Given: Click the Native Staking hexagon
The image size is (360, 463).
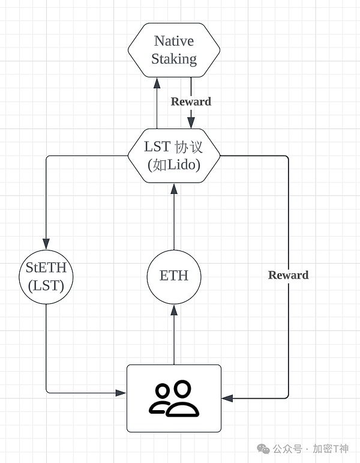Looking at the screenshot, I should click(x=174, y=50).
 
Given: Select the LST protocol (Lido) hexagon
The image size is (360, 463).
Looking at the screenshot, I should click(x=174, y=156).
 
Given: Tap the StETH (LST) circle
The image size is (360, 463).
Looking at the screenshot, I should click(x=46, y=277).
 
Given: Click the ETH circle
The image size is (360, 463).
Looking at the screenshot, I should click(x=174, y=276).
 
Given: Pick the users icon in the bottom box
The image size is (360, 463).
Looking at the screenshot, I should click(x=174, y=398).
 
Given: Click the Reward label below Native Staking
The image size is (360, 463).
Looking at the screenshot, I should click(x=191, y=101).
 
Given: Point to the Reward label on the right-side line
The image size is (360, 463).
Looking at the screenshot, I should click(x=288, y=275).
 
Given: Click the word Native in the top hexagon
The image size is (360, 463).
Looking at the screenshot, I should click(x=174, y=41).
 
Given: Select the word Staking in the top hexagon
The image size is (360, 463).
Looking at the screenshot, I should click(x=174, y=59).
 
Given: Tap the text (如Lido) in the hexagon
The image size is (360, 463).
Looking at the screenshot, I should click(x=174, y=165).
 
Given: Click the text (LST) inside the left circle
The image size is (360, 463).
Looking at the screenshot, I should click(x=46, y=286).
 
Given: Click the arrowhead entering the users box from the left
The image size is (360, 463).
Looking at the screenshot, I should click(x=122, y=393).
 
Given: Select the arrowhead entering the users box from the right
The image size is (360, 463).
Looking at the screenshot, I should click(x=227, y=398).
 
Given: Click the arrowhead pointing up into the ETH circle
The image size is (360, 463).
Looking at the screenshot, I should click(x=174, y=309).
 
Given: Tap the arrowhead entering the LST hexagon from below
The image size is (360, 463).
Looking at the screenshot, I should click(x=174, y=188).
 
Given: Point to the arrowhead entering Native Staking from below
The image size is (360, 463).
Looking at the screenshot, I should click(x=157, y=82).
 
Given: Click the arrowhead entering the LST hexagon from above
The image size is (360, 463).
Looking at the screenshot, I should click(x=191, y=124).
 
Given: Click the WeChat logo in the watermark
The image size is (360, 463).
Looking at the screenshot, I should click(x=263, y=449).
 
